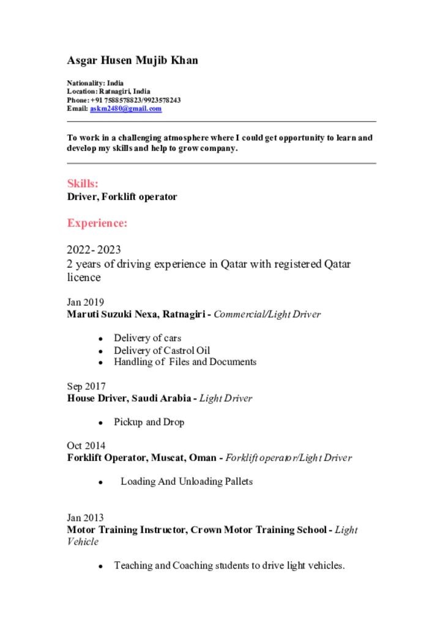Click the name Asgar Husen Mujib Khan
coord(132,61)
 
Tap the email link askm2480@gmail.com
coord(126,109)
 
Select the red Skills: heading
coord(83,183)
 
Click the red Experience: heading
coord(97,223)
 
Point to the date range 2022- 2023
coord(94,249)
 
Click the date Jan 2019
coord(85,302)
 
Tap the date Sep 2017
coord(86,386)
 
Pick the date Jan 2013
coord(85,517)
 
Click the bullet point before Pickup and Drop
coord(100,423)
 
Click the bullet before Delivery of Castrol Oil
coord(100,352)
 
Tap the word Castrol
coord(178,350)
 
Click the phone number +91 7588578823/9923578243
coord(135,100)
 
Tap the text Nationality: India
coord(95,83)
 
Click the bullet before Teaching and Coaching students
coord(100,567)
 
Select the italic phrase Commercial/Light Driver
coord(267,314)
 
